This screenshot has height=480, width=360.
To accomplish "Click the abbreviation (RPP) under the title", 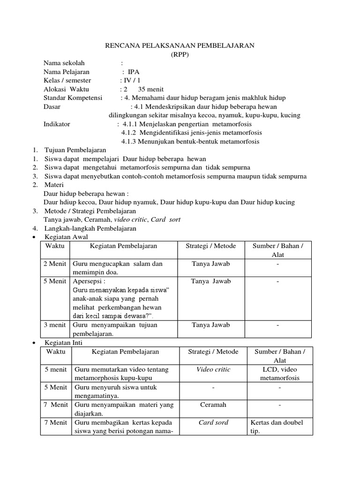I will point(179,54).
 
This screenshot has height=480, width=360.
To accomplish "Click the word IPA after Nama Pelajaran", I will point(134,72).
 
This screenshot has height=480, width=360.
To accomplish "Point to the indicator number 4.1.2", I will point(129,133).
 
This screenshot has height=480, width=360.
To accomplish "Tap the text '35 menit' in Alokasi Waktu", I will point(146,90).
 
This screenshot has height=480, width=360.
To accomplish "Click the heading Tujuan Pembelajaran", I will point(75,150).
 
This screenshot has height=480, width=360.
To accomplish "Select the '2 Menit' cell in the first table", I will point(55,264).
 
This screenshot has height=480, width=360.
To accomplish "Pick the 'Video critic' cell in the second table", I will point(213,370).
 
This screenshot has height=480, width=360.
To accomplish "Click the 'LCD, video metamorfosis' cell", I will point(280,374).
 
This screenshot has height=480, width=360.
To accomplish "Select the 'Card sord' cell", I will point(213,423).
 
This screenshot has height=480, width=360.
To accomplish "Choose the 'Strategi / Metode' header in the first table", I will point(211,246).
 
